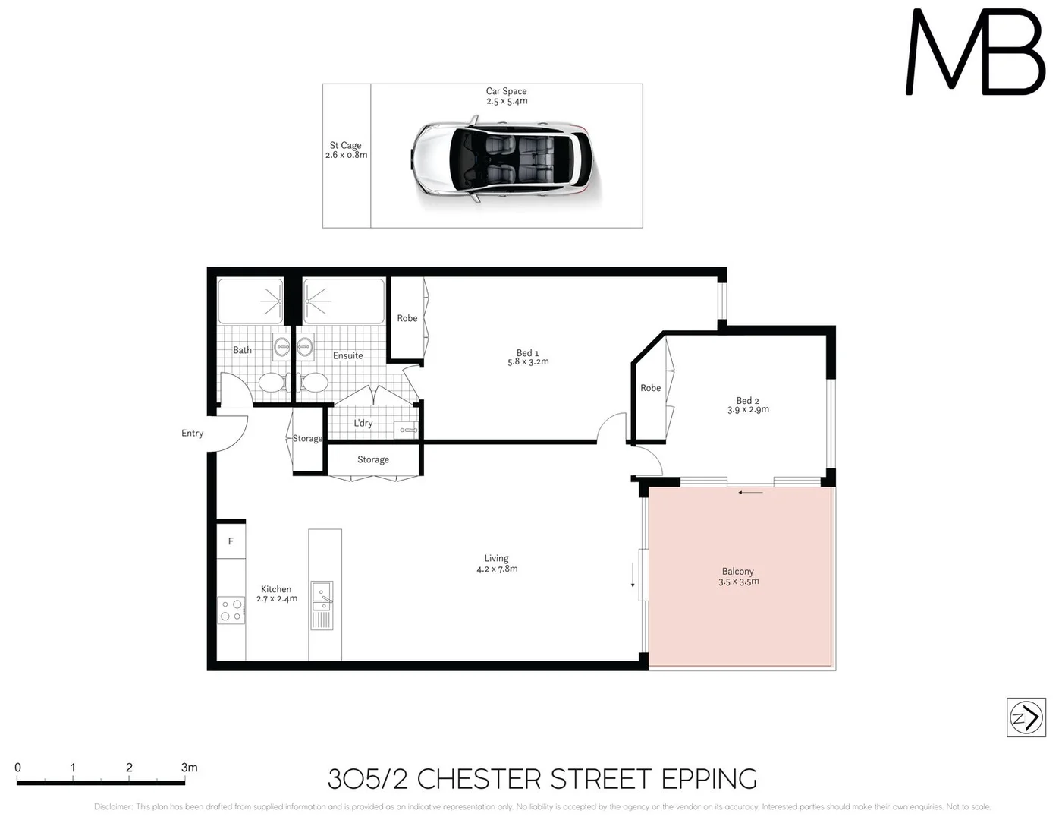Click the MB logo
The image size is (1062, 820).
point(976,53)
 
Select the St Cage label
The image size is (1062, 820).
point(345,145)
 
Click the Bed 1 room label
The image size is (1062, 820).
point(527,353)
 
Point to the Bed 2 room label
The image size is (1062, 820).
point(747,401)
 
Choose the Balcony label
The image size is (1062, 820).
point(737,572)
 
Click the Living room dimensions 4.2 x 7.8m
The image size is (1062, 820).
point(497,569)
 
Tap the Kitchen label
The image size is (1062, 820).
point(276,589)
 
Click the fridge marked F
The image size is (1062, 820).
point(231,541)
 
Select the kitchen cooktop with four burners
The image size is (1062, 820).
point(231,610)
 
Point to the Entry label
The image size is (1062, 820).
point(192,434)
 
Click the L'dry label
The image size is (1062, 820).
point(363,424)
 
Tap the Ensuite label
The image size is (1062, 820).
point(347,355)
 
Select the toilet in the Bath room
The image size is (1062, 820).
point(271,382)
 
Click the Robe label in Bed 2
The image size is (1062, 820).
point(650,388)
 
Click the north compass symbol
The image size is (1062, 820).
point(1026,717)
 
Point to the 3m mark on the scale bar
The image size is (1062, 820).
point(189,768)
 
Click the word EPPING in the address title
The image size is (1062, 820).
point(709,780)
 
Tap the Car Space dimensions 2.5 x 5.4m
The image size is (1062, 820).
point(507,101)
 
